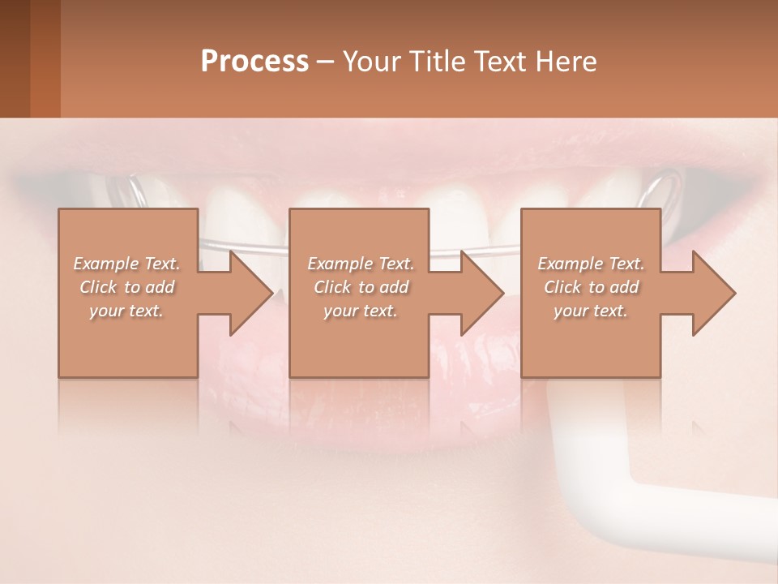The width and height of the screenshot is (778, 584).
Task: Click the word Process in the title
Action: point(254,62)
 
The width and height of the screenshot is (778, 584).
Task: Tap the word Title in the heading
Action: point(434,62)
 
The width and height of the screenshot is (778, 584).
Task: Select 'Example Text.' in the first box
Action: point(127,264)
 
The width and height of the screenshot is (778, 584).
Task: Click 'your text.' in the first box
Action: point(127,311)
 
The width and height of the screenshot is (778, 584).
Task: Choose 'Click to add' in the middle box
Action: point(361,287)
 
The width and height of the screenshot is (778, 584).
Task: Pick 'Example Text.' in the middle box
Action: point(361,264)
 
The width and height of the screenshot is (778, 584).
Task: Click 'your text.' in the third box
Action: point(591,311)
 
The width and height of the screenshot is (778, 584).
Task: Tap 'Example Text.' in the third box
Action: point(591,264)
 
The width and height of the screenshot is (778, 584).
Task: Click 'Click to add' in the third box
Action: point(591,287)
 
